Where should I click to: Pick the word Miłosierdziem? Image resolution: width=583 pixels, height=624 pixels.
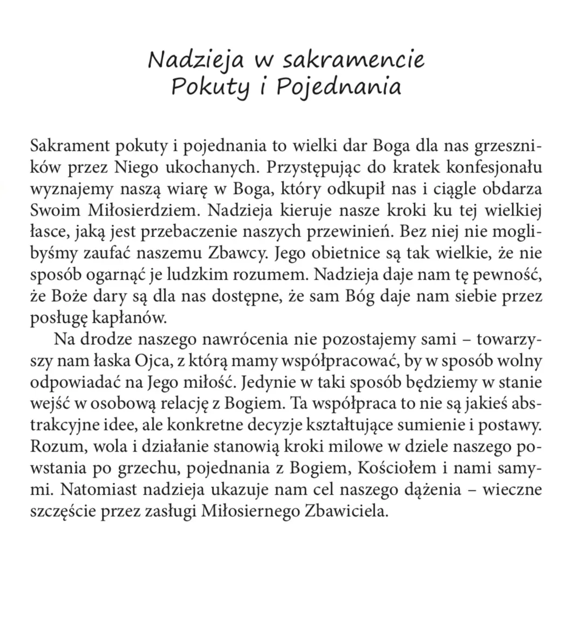coord(142,211)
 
